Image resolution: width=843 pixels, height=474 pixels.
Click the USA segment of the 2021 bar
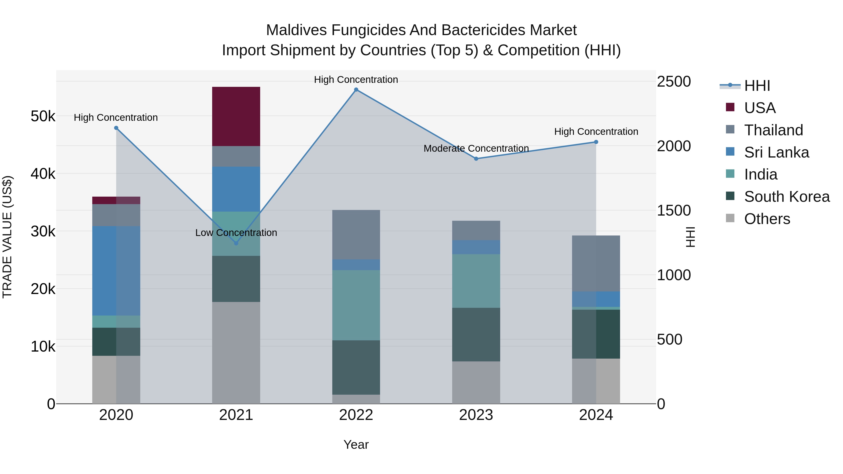(236, 117)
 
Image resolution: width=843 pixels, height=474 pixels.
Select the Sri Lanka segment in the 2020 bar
(116, 271)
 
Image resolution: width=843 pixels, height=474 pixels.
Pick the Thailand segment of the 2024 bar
(596, 263)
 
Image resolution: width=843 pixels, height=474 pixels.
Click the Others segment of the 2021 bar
(236, 353)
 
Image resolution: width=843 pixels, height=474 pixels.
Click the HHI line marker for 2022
(356, 90)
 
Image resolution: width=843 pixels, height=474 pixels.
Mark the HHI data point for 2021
(236, 243)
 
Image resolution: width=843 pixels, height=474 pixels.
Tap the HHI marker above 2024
(596, 142)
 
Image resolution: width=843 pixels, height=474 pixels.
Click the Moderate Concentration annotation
(476, 148)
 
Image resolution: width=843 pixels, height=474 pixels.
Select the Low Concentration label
(236, 233)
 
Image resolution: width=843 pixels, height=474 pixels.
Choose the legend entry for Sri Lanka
(776, 152)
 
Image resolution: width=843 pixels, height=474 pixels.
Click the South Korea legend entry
(787, 197)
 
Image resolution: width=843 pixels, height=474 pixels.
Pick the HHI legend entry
(757, 86)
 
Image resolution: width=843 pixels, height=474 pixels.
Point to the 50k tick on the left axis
(43, 116)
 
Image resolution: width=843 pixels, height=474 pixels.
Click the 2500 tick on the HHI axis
(674, 81)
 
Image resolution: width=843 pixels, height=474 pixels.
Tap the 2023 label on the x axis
(476, 415)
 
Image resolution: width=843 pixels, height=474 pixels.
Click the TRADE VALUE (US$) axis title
(7, 237)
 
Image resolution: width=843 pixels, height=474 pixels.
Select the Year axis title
(356, 445)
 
